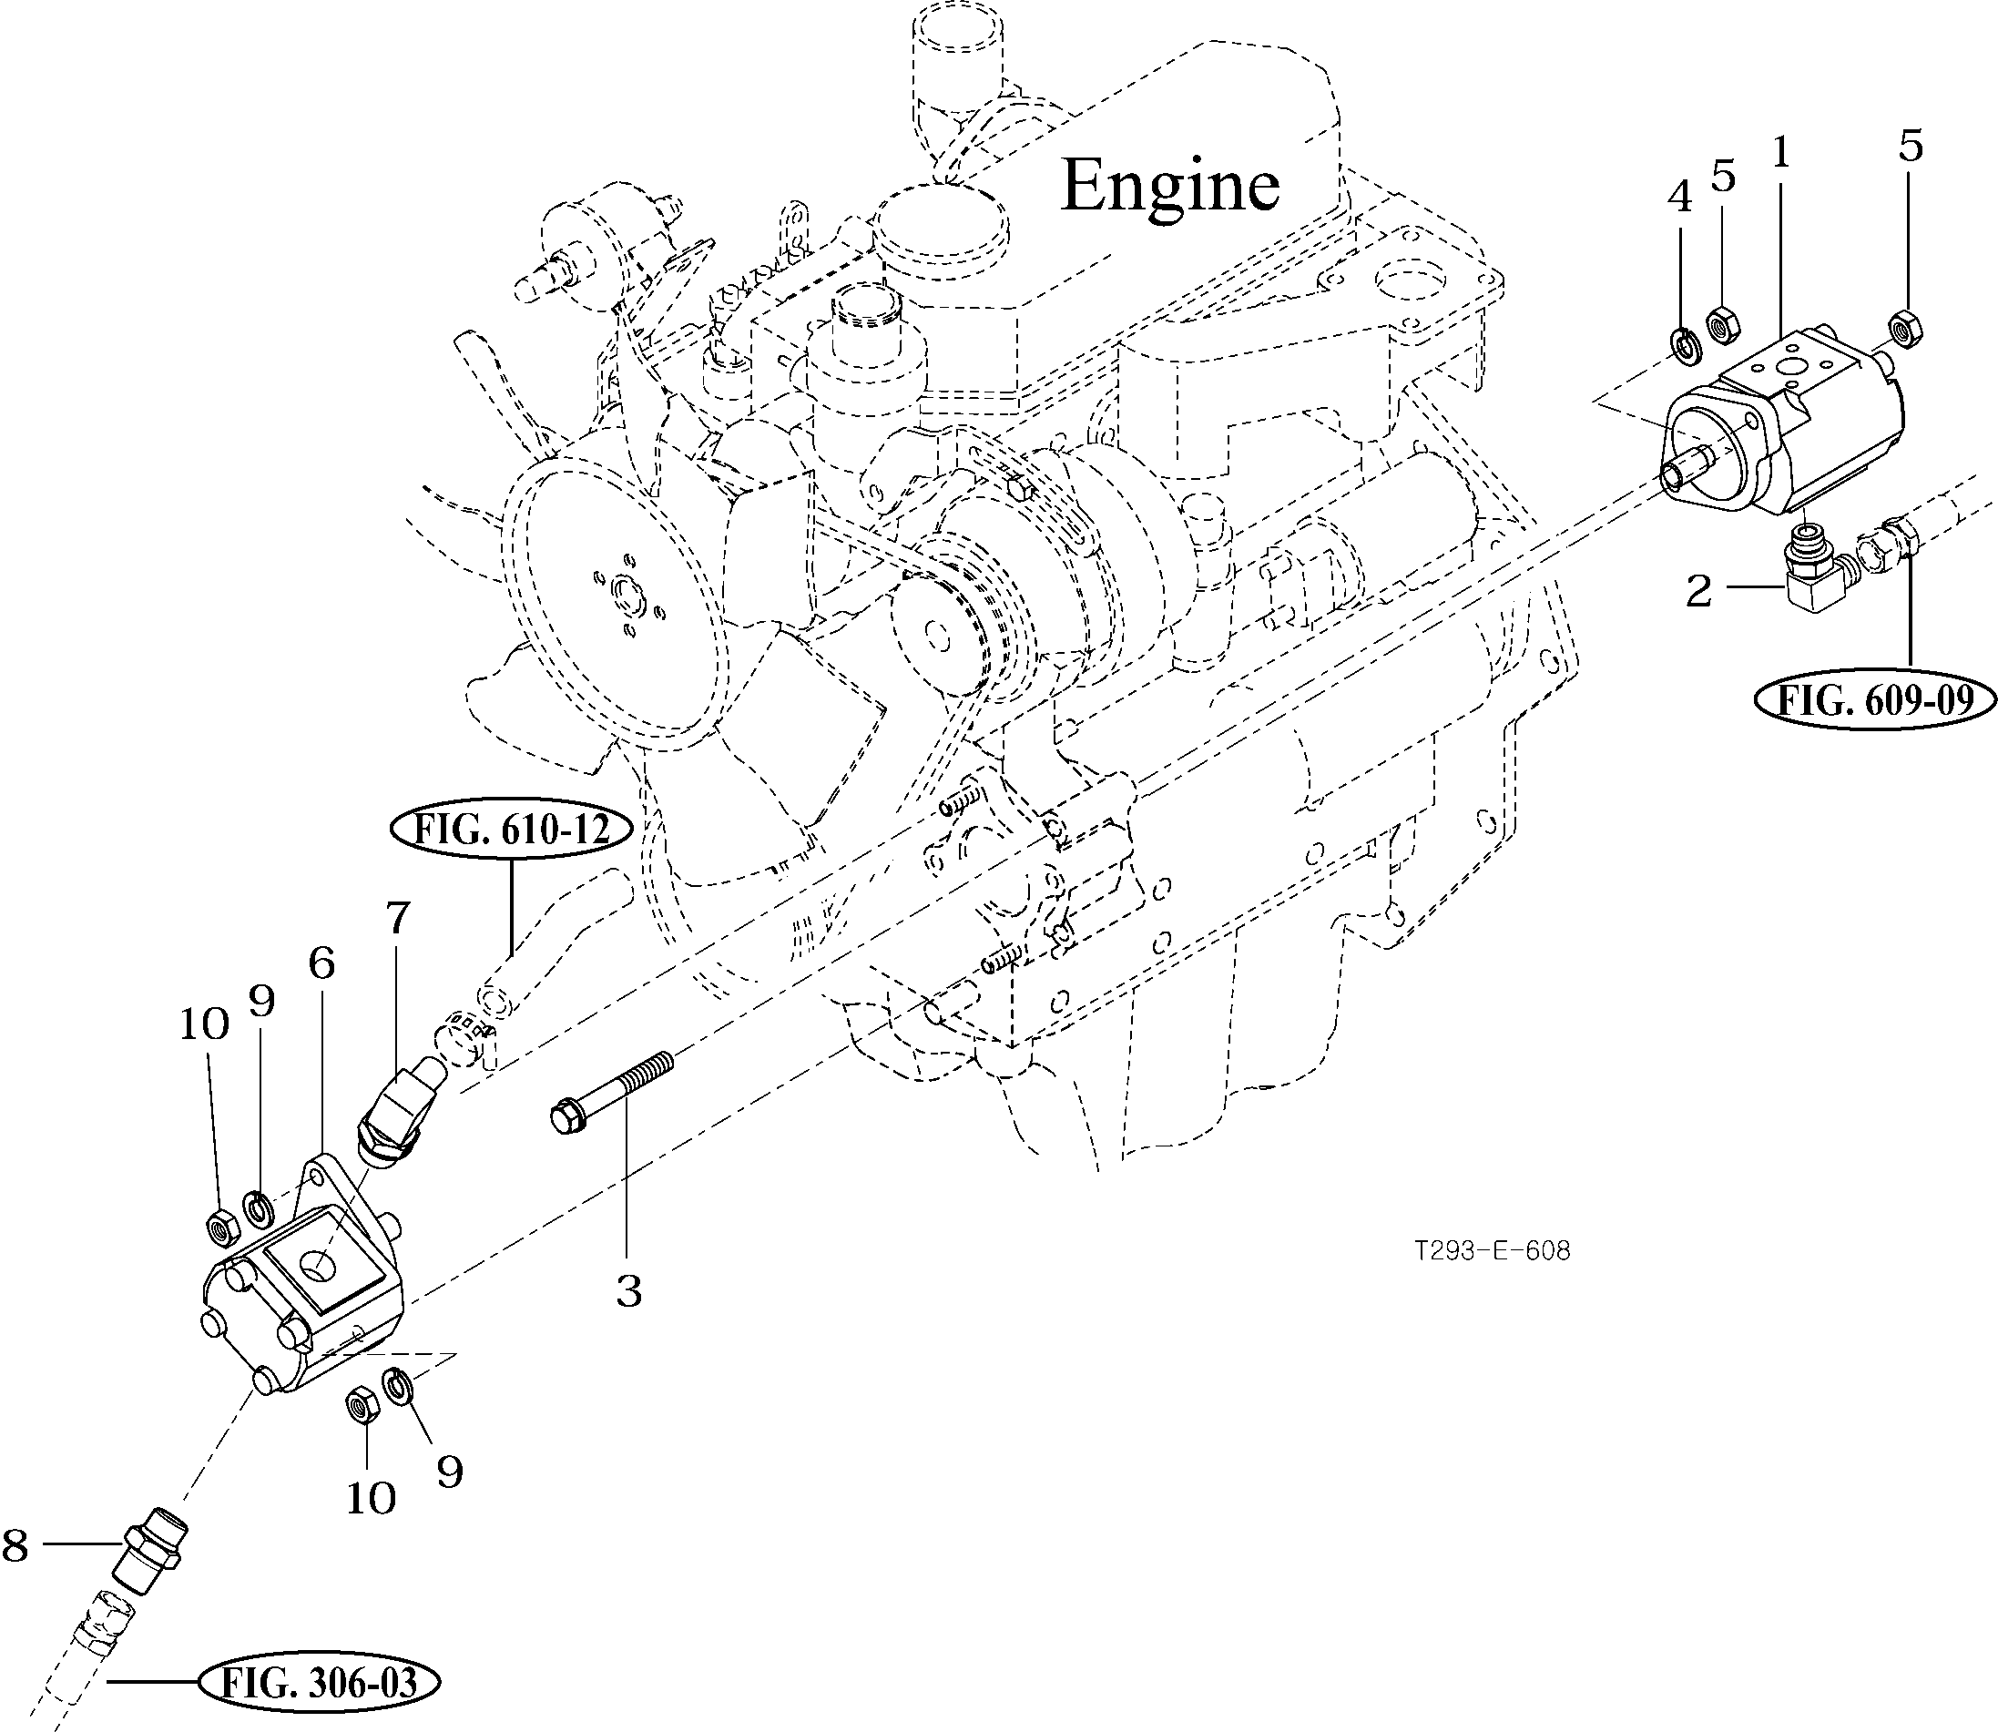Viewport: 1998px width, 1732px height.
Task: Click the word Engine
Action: pos(1169,186)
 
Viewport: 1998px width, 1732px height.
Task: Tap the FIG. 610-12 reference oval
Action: pos(513,830)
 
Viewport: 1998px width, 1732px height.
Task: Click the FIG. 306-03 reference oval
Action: pos(319,1684)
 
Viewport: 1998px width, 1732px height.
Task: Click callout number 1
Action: pos(1781,152)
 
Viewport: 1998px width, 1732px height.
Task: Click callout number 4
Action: pos(1680,199)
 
